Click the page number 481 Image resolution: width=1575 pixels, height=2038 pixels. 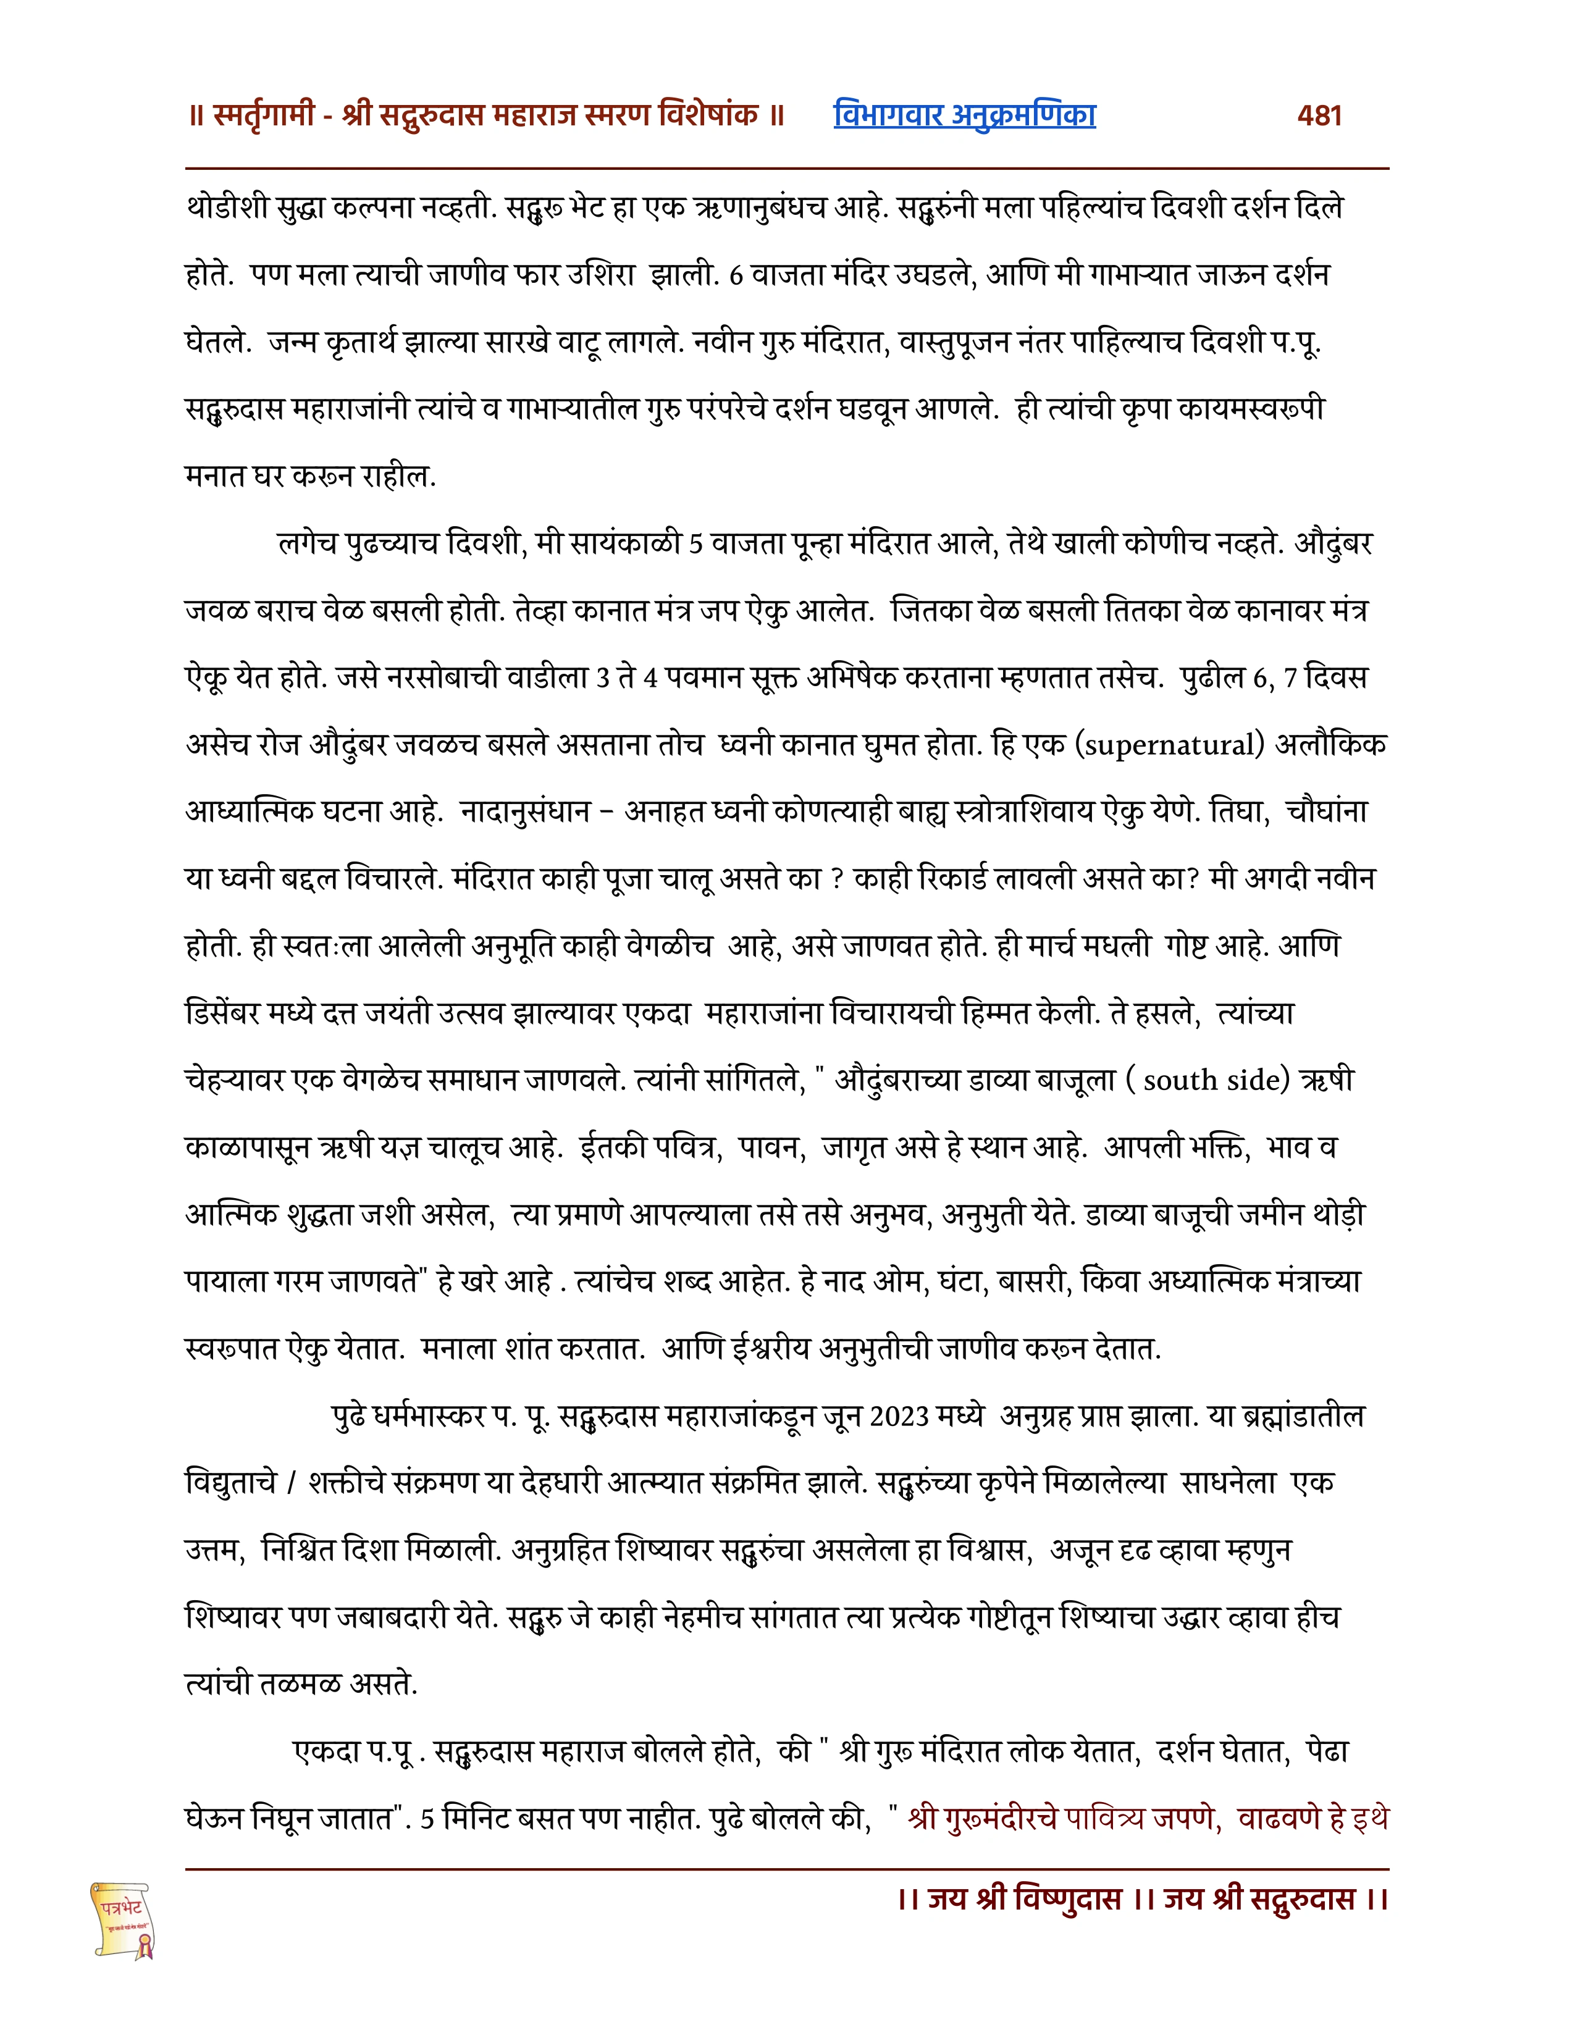[x=1319, y=115]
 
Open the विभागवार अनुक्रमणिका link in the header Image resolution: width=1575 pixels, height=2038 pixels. [x=964, y=115]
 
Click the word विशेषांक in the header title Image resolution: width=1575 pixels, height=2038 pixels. [x=708, y=115]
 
